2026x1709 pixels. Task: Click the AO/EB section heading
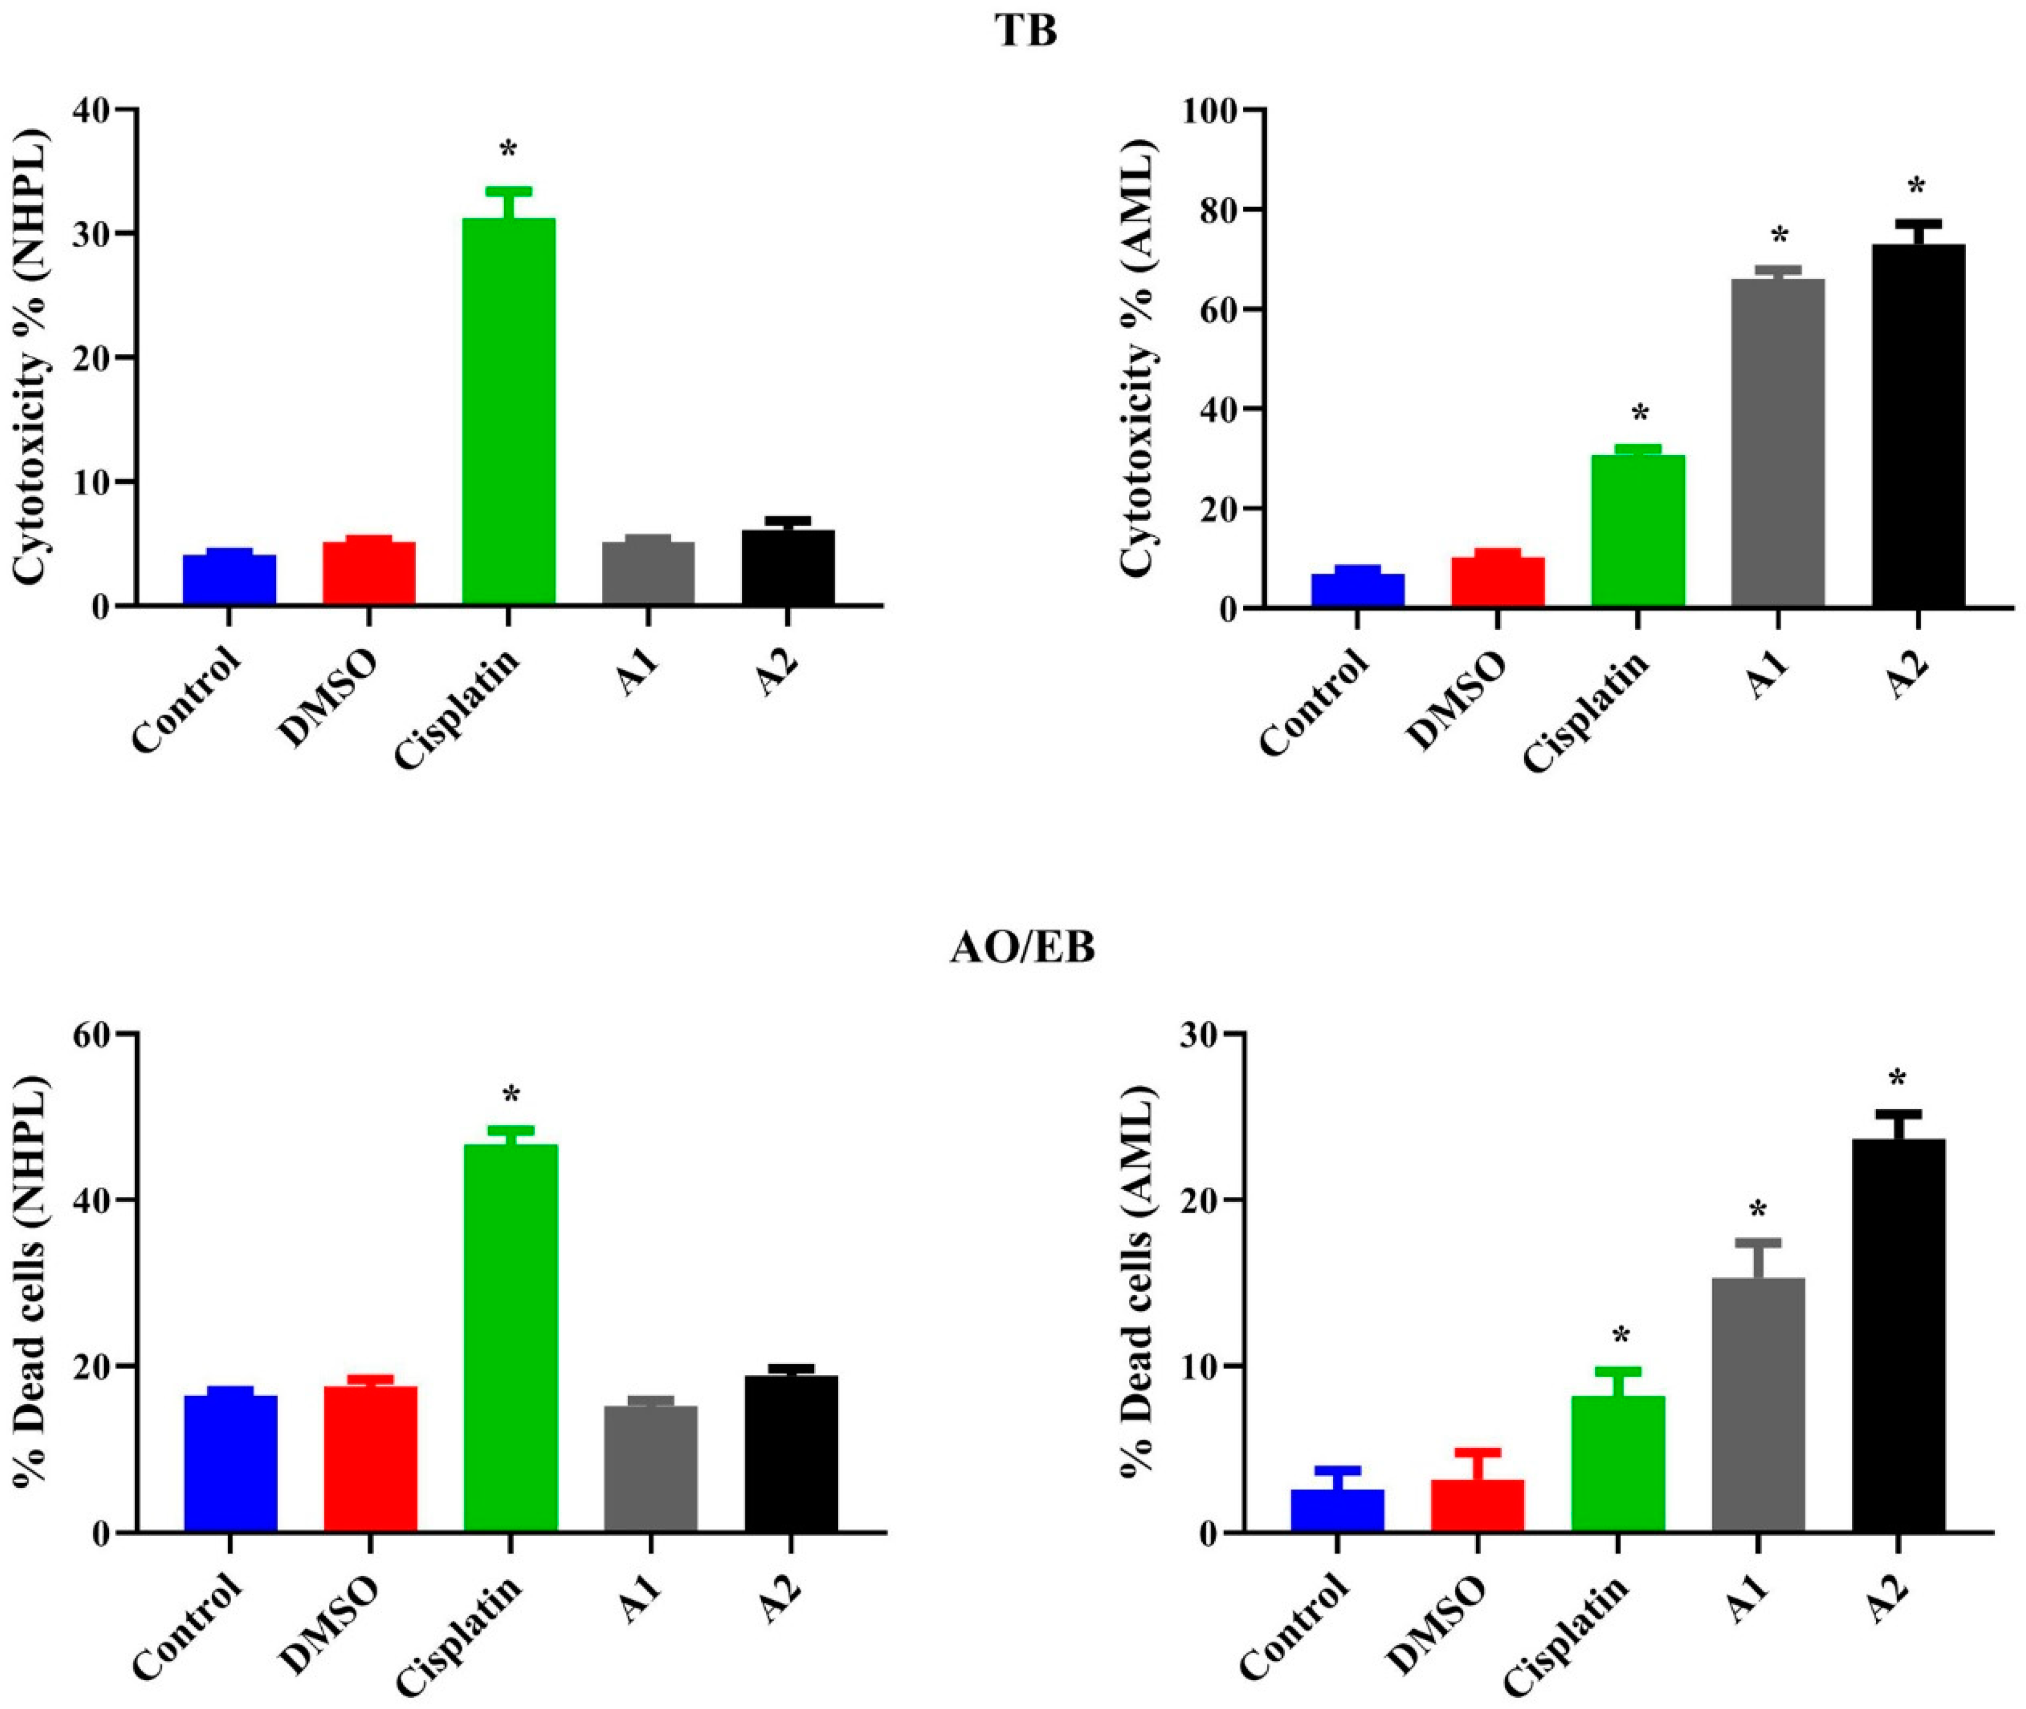[x=1022, y=949]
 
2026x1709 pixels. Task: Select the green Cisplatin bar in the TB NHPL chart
[x=509, y=412]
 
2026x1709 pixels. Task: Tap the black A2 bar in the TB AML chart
[x=1918, y=426]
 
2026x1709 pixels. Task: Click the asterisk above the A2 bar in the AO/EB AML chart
[x=1897, y=1079]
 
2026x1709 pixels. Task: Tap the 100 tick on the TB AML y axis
[x=1213, y=111]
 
